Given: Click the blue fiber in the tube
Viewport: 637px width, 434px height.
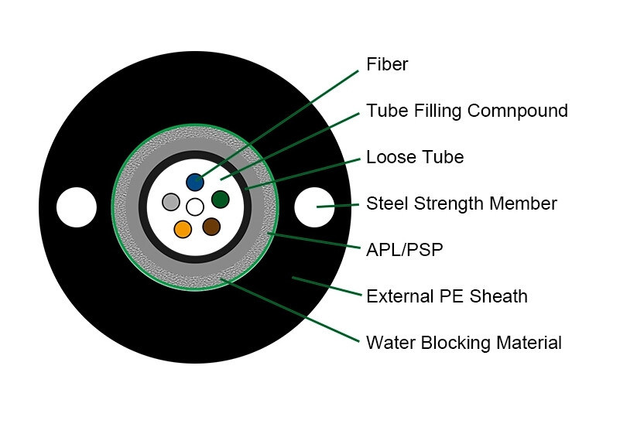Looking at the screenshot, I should coord(195,183).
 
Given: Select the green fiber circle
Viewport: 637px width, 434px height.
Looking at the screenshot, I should coord(221,200).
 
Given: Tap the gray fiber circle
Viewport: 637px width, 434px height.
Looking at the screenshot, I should coord(171,203).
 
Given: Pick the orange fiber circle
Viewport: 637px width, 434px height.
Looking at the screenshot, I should coord(183,229).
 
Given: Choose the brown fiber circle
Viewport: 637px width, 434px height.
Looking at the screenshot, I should coord(211,227).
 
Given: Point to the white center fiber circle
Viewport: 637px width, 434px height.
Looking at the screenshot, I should coord(195,207).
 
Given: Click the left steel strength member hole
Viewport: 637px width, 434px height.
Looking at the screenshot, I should coord(77,207).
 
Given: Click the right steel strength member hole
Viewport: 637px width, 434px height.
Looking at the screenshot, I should coord(313,207).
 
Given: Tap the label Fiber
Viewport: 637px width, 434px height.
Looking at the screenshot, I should coord(387,64).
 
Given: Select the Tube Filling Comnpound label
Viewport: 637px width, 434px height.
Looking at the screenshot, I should coord(467,111).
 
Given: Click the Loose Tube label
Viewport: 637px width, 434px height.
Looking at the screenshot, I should coord(415,157).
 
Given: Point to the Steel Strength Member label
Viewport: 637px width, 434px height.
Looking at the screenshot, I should coord(461,203).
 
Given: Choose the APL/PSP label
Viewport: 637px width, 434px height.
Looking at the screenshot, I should coord(405,249).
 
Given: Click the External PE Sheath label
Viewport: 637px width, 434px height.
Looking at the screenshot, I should coord(447,296).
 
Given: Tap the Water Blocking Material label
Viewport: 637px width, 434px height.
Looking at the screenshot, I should coord(464,342).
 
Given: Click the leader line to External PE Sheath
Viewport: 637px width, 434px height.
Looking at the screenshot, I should coord(325,286).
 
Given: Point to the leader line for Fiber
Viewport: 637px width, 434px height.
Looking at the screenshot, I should coord(279,125).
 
